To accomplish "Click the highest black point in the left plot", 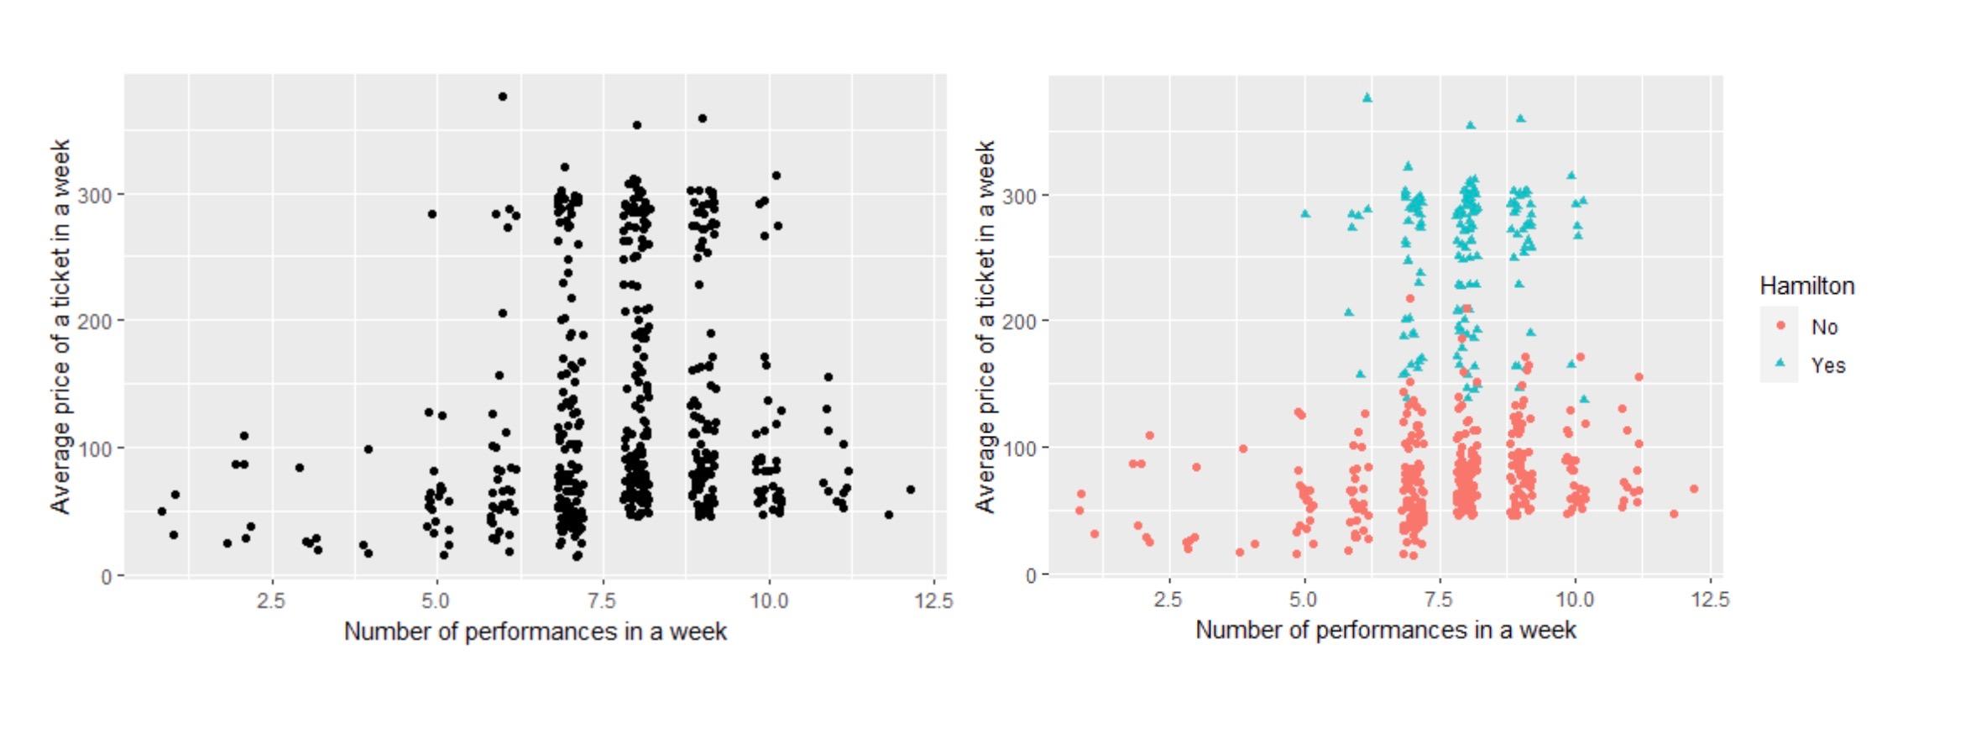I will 503,97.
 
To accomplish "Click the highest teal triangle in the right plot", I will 1367,97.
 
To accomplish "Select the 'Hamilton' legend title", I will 1806,286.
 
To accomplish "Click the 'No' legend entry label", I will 1824,327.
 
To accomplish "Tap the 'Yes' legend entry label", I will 1827,365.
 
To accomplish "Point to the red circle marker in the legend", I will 1780,326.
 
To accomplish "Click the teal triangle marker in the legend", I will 1780,364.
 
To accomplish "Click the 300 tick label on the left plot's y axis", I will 94,196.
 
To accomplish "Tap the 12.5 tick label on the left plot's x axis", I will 933,600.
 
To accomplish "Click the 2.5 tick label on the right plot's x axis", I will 1168,600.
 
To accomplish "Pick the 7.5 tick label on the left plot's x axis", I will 601,600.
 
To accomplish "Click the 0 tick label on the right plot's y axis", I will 1031,576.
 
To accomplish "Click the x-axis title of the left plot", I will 535,632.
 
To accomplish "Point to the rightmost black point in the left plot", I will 911,490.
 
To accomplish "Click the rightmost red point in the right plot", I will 1693,489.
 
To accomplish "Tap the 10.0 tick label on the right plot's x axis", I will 1574,600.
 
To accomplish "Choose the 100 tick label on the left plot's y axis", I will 94,448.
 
